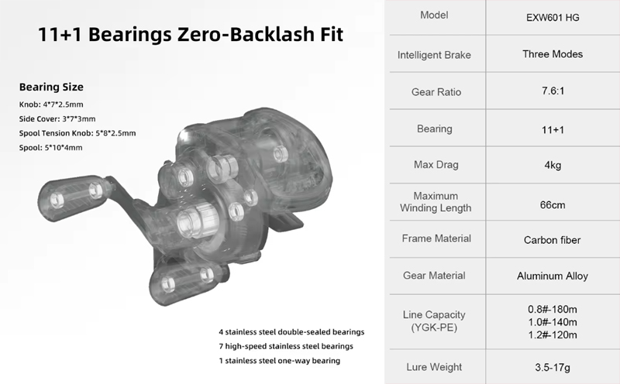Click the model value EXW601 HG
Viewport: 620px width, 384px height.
pyautogui.click(x=553, y=18)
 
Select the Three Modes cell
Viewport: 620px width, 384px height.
pyautogui.click(x=553, y=54)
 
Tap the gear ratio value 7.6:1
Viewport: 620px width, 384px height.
pyautogui.click(x=553, y=91)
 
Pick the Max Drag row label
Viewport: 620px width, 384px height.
pyautogui.click(x=436, y=165)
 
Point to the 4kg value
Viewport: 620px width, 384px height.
pyautogui.click(x=553, y=165)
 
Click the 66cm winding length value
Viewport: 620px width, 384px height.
pyautogui.click(x=553, y=205)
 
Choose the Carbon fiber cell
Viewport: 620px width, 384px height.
pyautogui.click(x=552, y=240)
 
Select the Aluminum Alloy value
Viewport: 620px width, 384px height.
pyautogui.click(x=553, y=276)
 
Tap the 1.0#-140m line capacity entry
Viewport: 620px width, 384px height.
pyautogui.click(x=553, y=322)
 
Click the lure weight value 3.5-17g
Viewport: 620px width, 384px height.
pyautogui.click(x=553, y=368)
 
